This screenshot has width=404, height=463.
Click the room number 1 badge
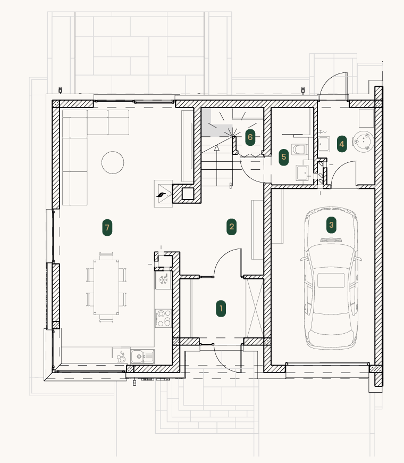point(221,309)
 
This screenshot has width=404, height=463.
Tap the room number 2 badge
point(231,227)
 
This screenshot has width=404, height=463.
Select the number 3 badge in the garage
point(331,225)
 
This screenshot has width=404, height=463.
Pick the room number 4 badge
point(342,144)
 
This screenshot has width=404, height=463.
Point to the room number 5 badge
point(284,157)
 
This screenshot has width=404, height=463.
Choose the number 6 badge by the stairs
point(250,137)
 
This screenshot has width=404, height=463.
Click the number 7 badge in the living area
point(107,228)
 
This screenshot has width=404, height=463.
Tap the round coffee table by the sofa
point(113,162)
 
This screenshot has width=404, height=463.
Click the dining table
point(106,287)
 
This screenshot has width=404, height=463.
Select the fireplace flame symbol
point(162,195)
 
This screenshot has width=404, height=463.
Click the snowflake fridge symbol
point(163,279)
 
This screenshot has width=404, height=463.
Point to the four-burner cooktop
point(163,318)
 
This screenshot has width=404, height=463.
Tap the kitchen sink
point(142,357)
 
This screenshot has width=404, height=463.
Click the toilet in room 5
point(299,150)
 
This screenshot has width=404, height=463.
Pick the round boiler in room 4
point(363,142)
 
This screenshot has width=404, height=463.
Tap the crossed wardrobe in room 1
point(255,308)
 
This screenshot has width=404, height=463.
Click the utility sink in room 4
point(324,144)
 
